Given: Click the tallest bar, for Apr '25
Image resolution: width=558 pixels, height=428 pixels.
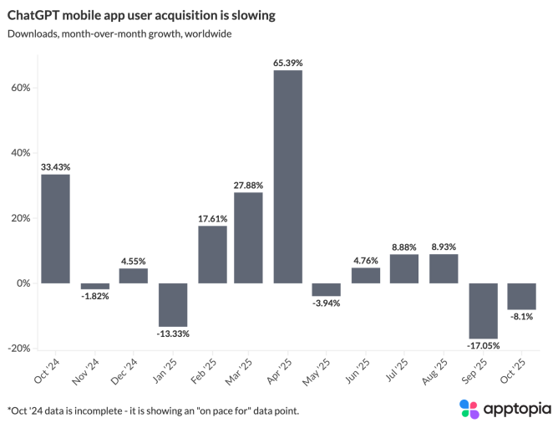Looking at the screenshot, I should (288, 176).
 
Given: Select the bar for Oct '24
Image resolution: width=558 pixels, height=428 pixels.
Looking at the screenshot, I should (55, 228).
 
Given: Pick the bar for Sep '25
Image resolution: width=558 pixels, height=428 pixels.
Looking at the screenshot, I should (483, 310).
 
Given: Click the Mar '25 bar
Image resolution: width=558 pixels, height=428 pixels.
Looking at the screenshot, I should (249, 237).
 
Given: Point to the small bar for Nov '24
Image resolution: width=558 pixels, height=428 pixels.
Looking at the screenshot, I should (94, 286).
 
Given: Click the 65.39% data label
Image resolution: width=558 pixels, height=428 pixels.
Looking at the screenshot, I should (288, 63).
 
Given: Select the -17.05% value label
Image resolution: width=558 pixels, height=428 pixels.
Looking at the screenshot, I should (483, 346).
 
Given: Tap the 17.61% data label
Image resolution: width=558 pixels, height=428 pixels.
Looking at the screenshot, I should (211, 218).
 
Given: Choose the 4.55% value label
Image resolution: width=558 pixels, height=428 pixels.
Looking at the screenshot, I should (134, 261).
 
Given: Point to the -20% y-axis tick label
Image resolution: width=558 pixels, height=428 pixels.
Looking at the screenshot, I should (18, 349).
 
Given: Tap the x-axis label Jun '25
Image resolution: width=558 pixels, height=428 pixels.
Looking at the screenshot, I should (360, 370).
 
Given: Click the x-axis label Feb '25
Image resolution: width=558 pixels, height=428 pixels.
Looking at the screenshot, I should (205, 370).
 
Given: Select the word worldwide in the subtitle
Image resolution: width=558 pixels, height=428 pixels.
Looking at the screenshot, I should (205, 34).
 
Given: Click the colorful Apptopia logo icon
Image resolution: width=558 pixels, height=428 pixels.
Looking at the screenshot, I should (469, 408).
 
